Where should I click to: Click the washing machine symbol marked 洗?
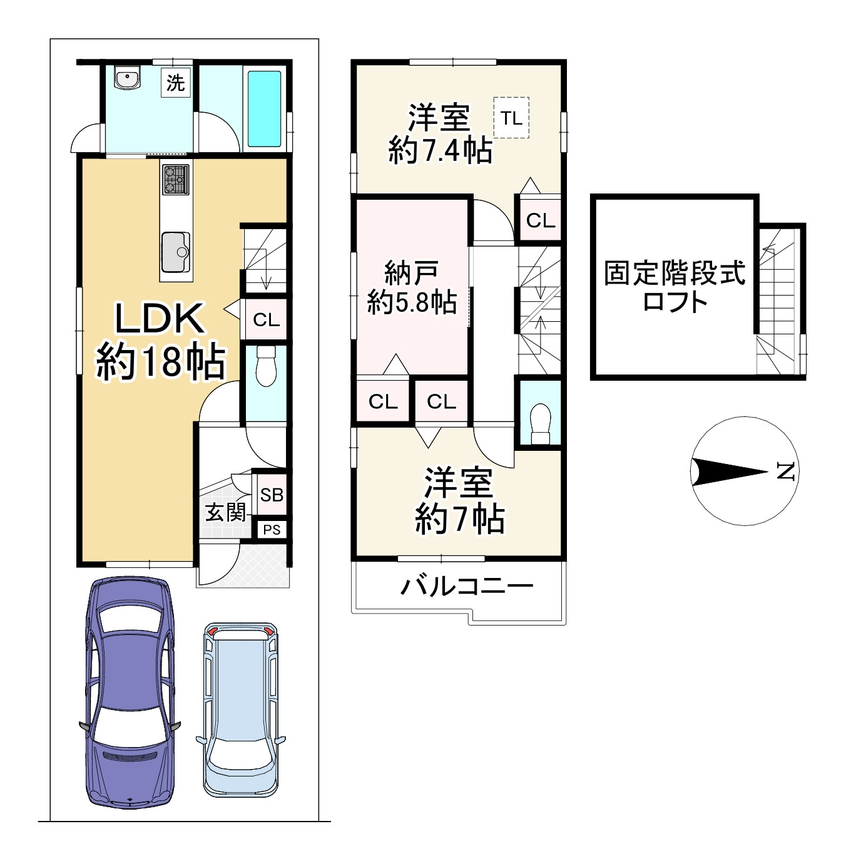(x=176, y=82)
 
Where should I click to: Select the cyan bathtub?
(x=265, y=108)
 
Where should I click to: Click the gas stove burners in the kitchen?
(x=176, y=179)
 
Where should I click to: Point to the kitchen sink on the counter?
(x=176, y=252)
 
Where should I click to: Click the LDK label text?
(x=160, y=318)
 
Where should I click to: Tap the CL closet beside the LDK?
(x=266, y=319)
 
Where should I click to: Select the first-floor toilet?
(x=267, y=366)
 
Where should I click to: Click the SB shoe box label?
(x=272, y=495)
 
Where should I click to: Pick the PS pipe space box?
(x=272, y=530)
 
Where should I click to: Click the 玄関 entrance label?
(x=225, y=512)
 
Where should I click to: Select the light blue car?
(x=241, y=711)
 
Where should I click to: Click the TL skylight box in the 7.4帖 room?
(x=511, y=118)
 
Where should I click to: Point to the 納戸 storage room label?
(x=411, y=272)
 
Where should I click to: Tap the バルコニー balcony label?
(x=467, y=586)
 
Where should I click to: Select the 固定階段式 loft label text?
(x=675, y=272)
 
